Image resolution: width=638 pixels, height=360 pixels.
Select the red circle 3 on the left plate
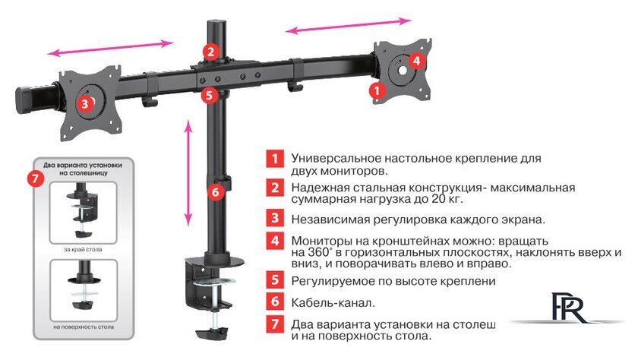coord(85,102)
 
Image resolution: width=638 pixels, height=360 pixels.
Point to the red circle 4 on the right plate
coord(416,60)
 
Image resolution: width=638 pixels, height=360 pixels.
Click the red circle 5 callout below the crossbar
coord(210,96)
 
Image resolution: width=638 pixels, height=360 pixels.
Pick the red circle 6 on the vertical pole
coord(215,192)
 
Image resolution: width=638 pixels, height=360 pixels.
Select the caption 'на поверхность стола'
coord(84,327)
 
